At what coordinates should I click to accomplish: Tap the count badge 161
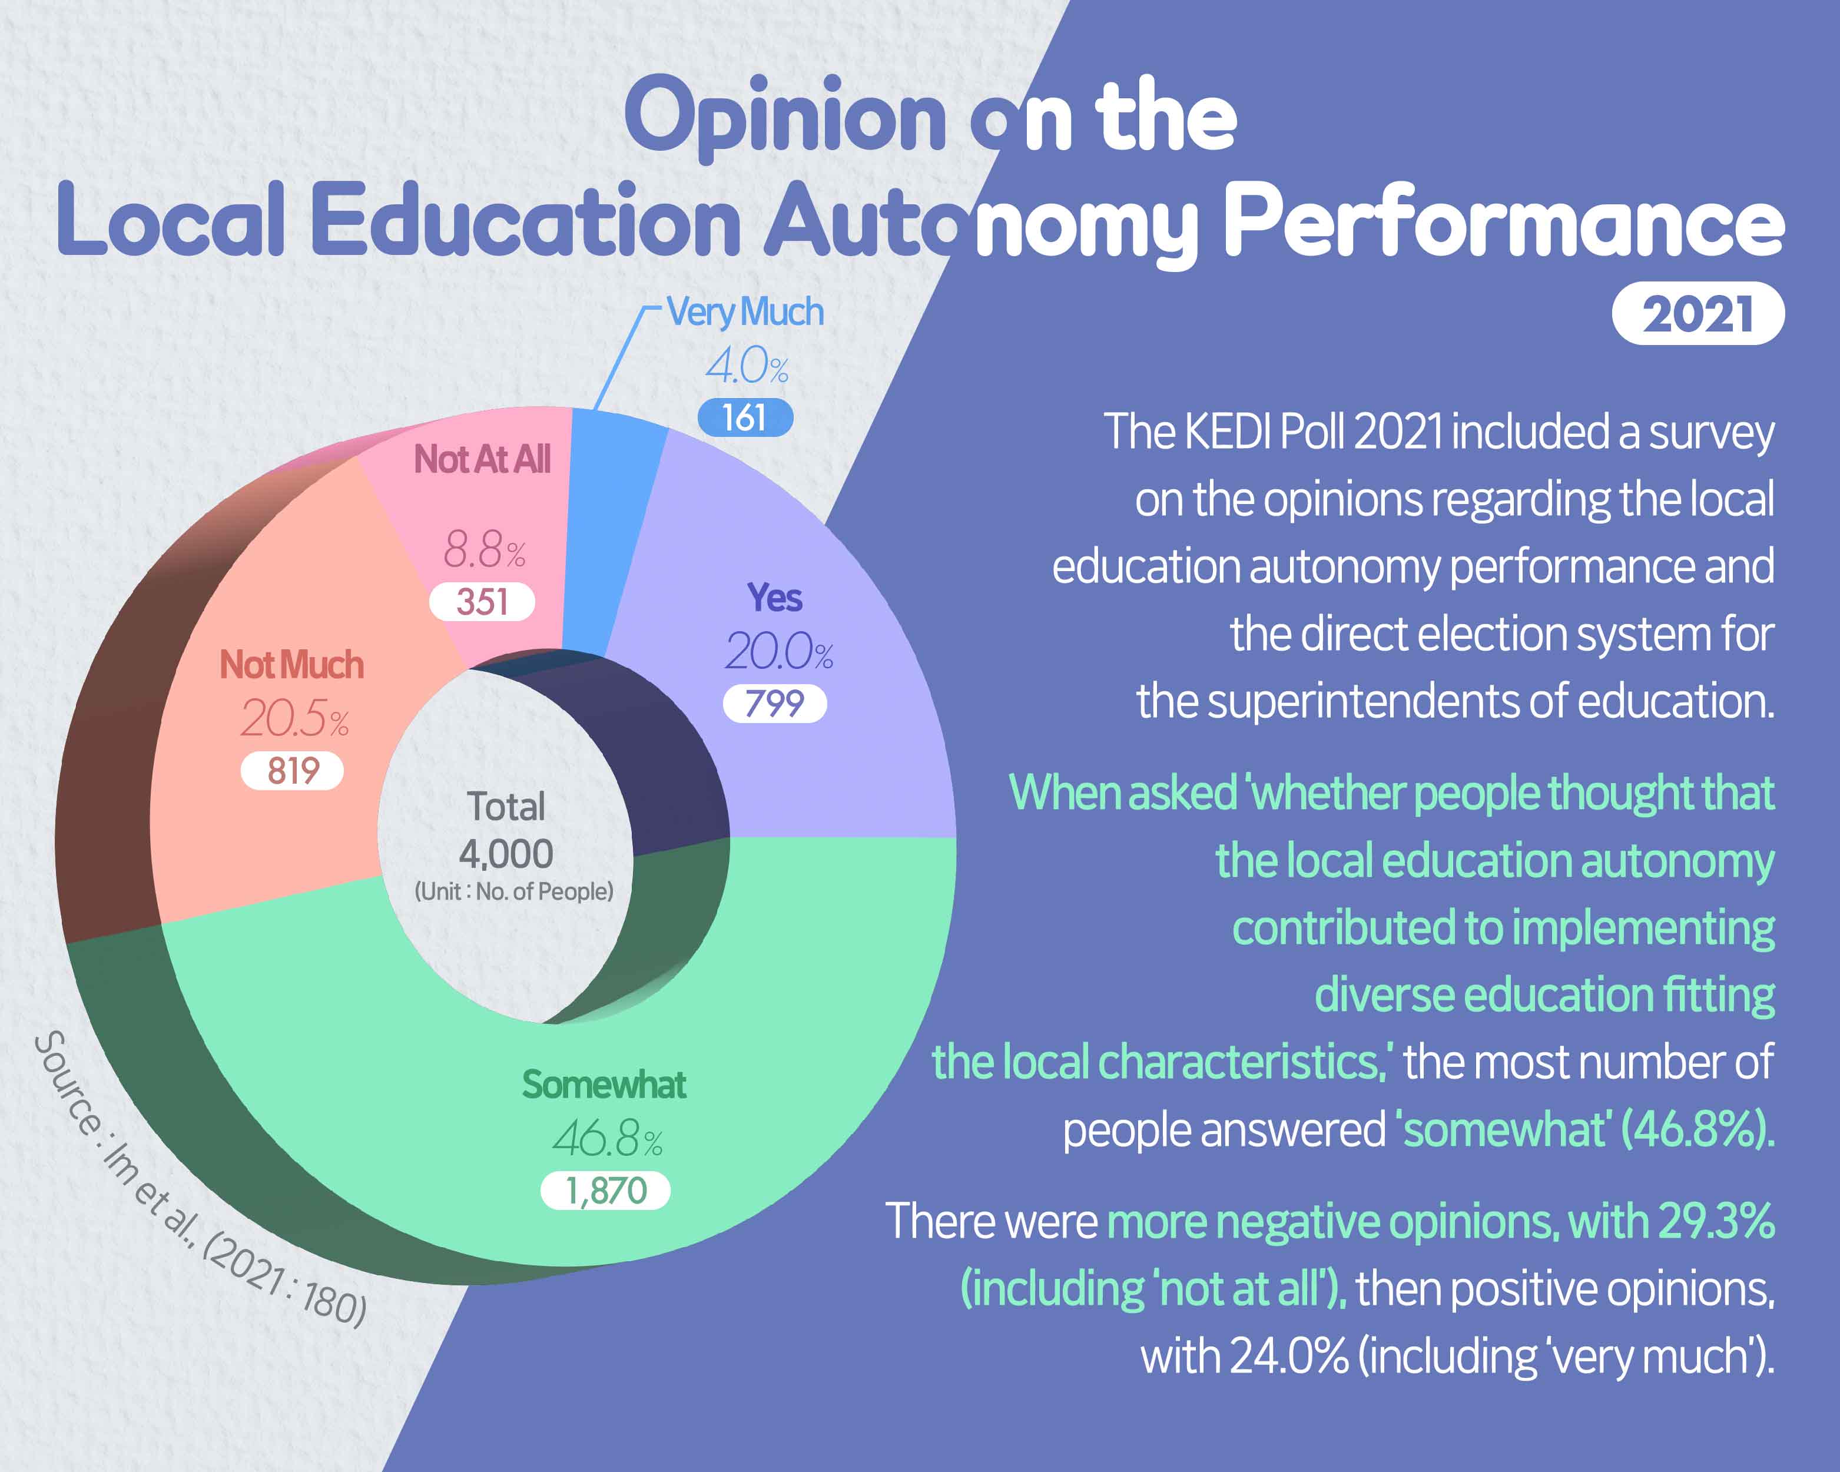click(744, 418)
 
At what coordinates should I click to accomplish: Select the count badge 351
click(482, 602)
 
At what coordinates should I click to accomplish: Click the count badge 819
click(293, 771)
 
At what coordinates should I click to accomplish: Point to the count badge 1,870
click(606, 1191)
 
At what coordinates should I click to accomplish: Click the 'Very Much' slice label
click(745, 312)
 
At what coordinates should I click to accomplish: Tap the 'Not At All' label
click(482, 459)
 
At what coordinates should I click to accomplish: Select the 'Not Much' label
click(292, 665)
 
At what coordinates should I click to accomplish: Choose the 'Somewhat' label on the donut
click(604, 1085)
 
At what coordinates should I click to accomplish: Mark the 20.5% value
click(294, 718)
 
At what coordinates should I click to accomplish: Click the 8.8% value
click(484, 549)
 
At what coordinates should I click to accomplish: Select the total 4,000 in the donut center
click(506, 853)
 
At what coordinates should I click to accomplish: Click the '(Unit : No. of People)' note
click(514, 891)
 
